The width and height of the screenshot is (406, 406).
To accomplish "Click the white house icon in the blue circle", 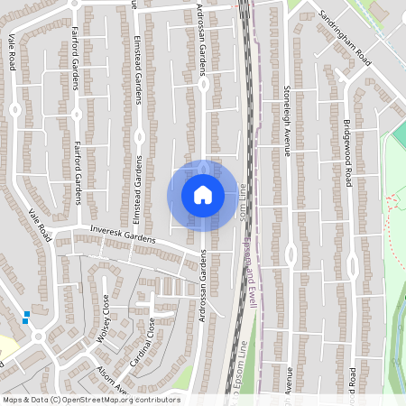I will coord(202,195).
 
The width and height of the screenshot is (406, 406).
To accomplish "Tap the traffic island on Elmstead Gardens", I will coord(139,136).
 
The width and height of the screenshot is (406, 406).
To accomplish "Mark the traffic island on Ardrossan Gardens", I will coord(204,85).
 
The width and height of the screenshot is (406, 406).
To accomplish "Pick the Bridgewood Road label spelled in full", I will coord(346,152).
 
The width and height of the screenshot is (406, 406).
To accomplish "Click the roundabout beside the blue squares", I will coord(38,336).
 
